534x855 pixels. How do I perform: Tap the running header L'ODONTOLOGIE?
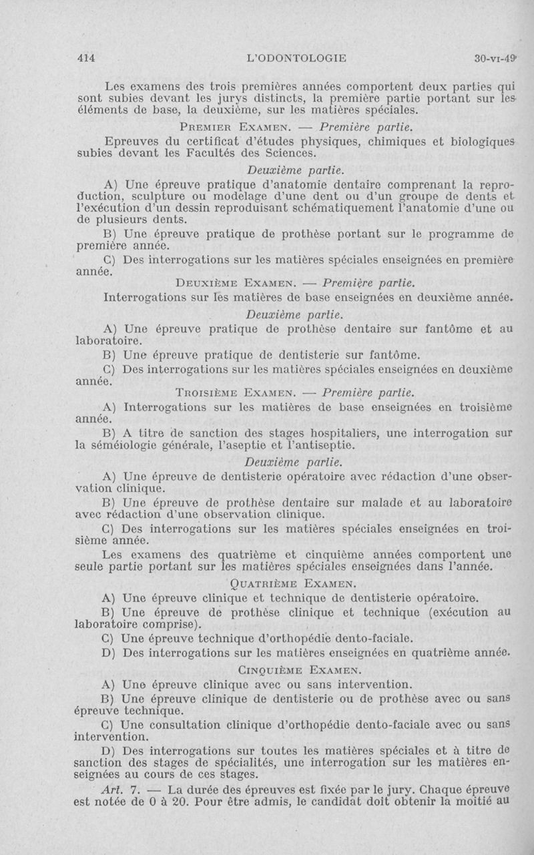296,58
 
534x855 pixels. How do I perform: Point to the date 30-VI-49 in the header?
496,58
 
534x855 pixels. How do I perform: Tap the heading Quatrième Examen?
286,584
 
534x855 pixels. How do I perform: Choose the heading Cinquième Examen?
286,669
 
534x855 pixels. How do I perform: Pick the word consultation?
188,725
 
